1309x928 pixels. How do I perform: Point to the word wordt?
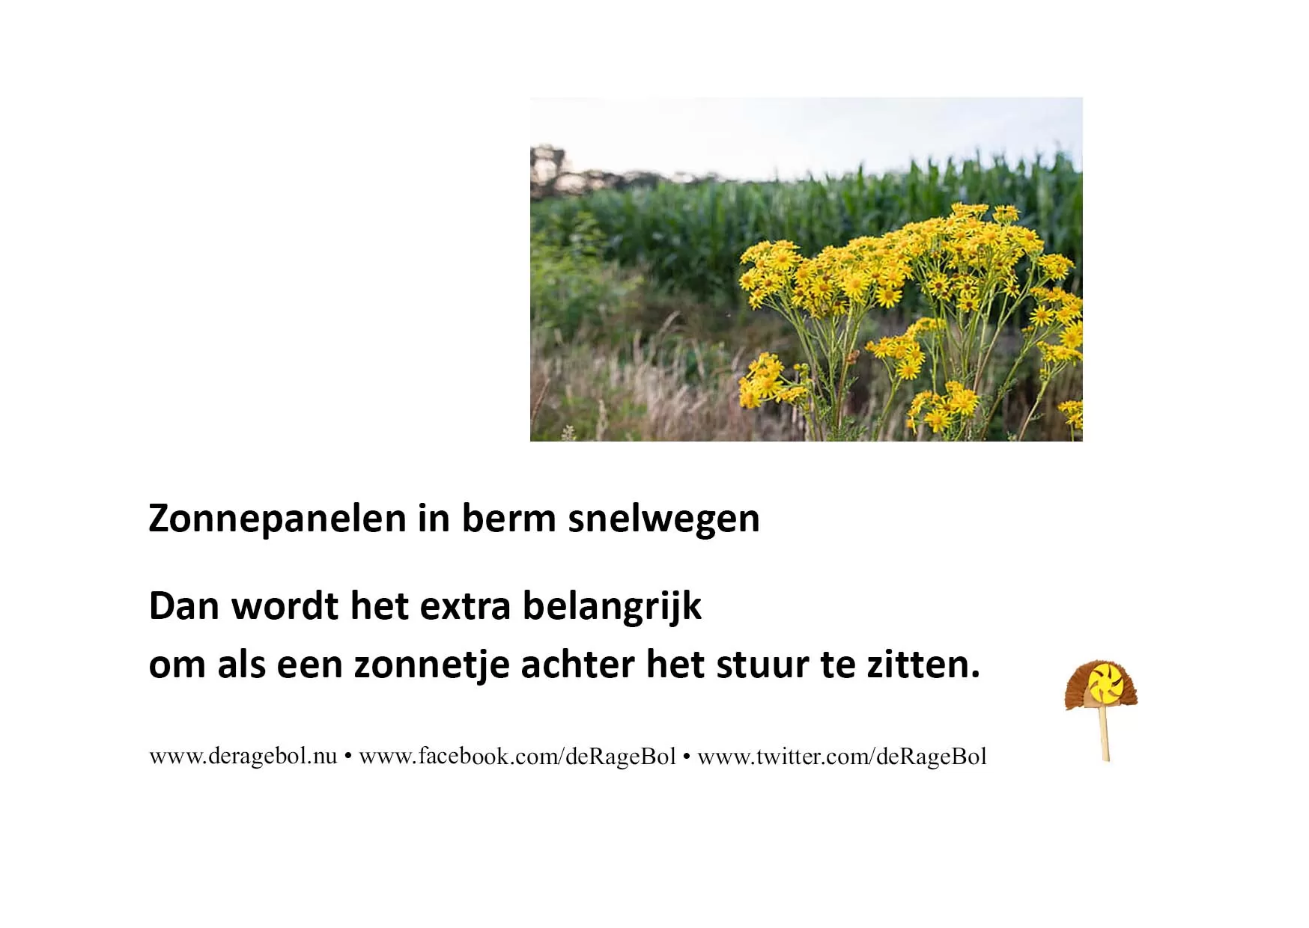pyautogui.click(x=285, y=606)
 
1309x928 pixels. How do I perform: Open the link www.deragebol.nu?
pyautogui.click(x=243, y=756)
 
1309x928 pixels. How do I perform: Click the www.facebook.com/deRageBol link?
pyautogui.click(x=517, y=756)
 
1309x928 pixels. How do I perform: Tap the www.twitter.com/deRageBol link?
pyautogui.click(x=842, y=756)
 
